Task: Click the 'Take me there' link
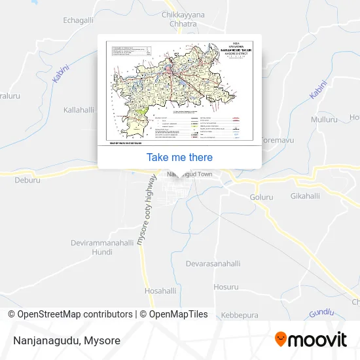point(179,157)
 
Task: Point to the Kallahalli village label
point(80,110)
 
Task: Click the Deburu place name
point(27,179)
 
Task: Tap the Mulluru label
point(325,120)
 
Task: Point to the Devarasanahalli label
point(213,264)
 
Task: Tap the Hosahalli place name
point(160,290)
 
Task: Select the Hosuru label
point(226,287)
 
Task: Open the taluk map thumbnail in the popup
point(179,92)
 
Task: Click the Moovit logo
point(310,340)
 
